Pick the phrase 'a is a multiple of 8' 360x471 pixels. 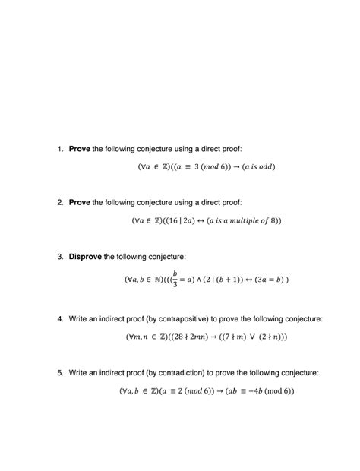point(242,221)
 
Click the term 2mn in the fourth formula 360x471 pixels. point(199,336)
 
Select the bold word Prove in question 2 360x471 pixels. point(79,203)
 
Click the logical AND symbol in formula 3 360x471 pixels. point(202,279)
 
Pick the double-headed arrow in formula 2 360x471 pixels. point(201,221)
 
